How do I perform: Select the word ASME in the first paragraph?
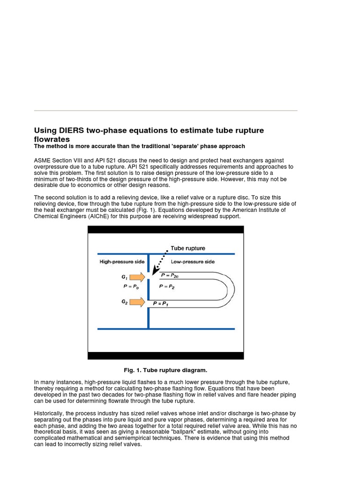44,160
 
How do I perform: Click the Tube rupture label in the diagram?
187,248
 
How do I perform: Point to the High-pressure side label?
122,262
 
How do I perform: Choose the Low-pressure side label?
193,262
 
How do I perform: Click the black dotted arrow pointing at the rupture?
159,264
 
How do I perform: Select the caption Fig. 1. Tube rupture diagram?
165,370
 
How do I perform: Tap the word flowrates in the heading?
52,139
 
